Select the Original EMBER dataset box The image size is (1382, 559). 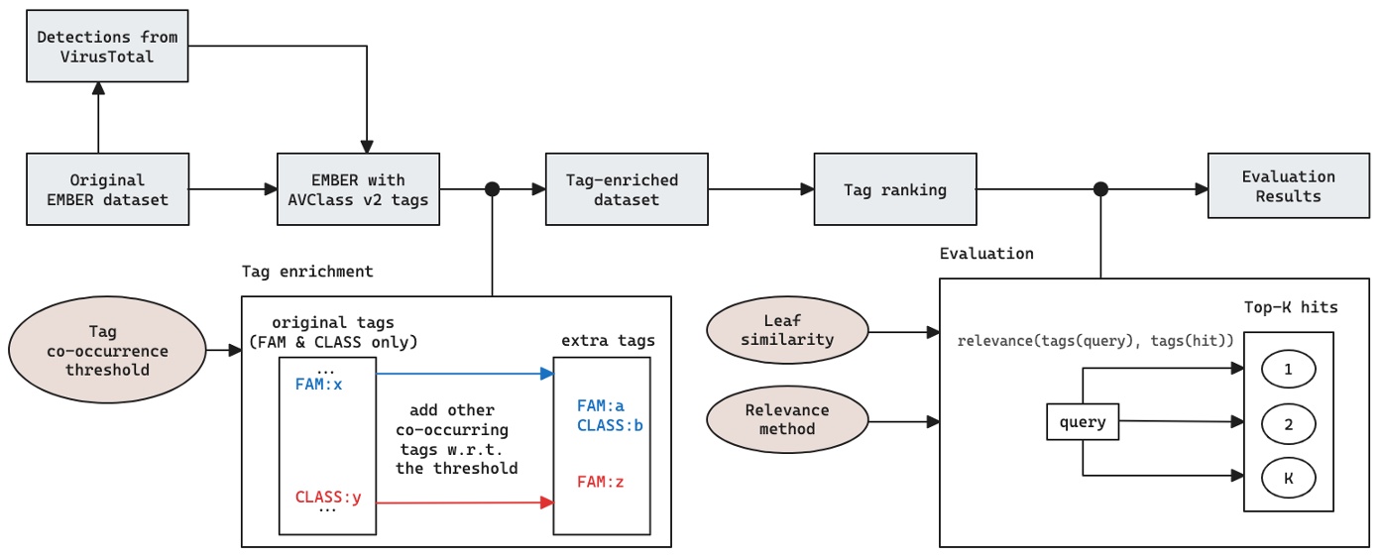pyautogui.click(x=107, y=189)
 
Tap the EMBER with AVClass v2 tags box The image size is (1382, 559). pyautogui.click(x=358, y=189)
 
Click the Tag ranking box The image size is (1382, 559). pyautogui.click(x=895, y=189)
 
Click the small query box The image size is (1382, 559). pyautogui.click(x=1083, y=421)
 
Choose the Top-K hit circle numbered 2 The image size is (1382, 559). pyautogui.click(x=1289, y=423)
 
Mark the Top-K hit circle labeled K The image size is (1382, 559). pyautogui.click(x=1289, y=478)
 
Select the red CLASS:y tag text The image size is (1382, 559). pyautogui.click(x=328, y=497)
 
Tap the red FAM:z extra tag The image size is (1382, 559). pyautogui.click(x=601, y=483)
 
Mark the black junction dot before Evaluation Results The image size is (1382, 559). pyautogui.click(x=1100, y=189)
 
